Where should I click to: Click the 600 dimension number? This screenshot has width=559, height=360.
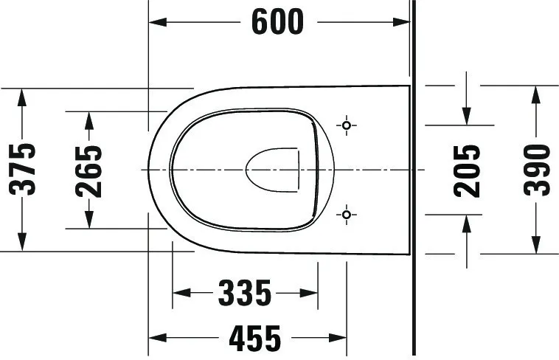[x=278, y=22]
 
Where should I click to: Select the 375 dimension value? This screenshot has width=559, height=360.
[x=22, y=170]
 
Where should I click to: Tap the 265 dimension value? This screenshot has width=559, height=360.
[x=88, y=171]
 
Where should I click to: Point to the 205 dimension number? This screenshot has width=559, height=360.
[x=467, y=170]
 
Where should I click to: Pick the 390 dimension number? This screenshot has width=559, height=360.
[x=537, y=170]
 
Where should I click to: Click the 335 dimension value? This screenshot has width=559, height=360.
[x=245, y=293]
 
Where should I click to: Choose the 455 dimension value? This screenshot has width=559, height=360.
[x=255, y=338]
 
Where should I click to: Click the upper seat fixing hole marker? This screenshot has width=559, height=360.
[x=347, y=125]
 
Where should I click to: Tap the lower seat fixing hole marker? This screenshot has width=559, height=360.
[x=347, y=215]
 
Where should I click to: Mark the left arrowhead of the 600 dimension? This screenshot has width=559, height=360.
[x=157, y=22]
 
